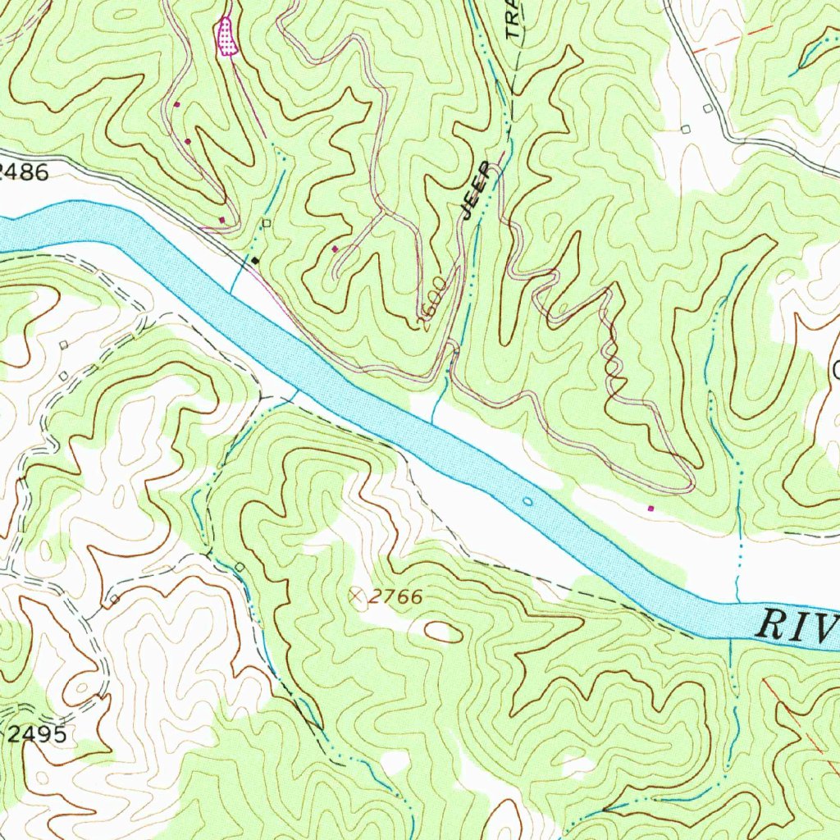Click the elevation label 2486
[25, 171]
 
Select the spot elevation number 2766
[395, 597]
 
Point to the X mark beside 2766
[357, 596]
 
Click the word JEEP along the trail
[477, 190]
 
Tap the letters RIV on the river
[796, 625]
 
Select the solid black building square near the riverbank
[255, 260]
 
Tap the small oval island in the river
[527, 500]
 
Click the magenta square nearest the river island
[651, 509]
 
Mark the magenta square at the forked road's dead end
[335, 248]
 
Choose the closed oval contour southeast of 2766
[443, 631]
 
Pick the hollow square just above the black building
[266, 222]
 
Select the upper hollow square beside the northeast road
[707, 108]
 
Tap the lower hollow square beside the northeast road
[686, 128]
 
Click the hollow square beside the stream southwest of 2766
[240, 567]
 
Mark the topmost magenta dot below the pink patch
[176, 105]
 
